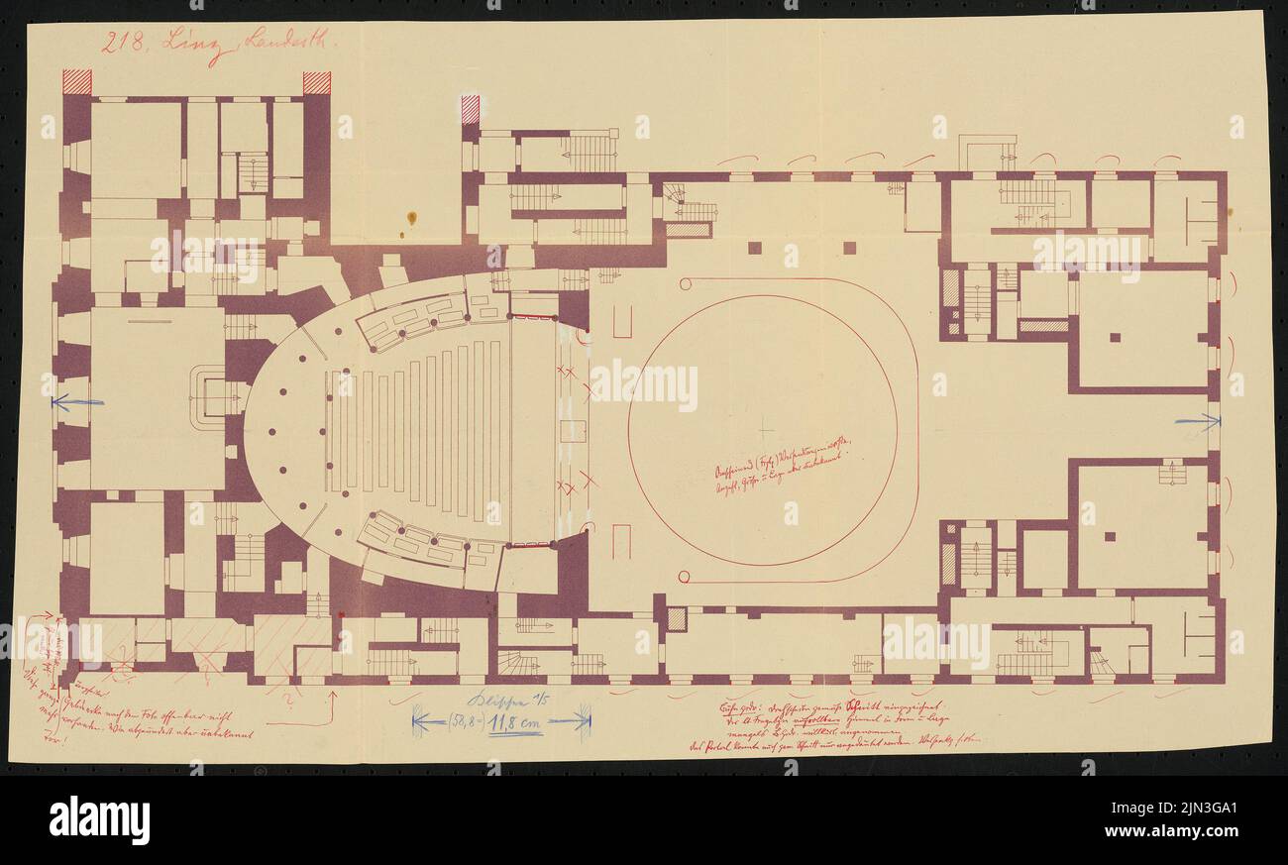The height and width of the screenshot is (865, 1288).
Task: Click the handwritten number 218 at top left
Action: (125, 45)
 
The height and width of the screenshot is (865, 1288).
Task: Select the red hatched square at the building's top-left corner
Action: (77, 81)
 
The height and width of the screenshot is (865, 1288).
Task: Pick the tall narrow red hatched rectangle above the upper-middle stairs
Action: (471, 109)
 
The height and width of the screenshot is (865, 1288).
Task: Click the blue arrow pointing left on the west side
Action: (77, 402)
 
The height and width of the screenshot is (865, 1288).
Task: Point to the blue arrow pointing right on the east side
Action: (1198, 421)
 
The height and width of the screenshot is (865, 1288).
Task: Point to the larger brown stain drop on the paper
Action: (411, 218)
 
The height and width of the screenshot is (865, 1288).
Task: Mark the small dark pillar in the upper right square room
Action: (1115, 337)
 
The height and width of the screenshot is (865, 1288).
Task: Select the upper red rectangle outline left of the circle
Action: (622, 321)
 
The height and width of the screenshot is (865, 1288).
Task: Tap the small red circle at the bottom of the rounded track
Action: (683, 577)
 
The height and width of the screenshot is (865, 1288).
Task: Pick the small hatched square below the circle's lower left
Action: (677, 618)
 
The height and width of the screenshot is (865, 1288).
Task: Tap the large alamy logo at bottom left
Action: (99, 819)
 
